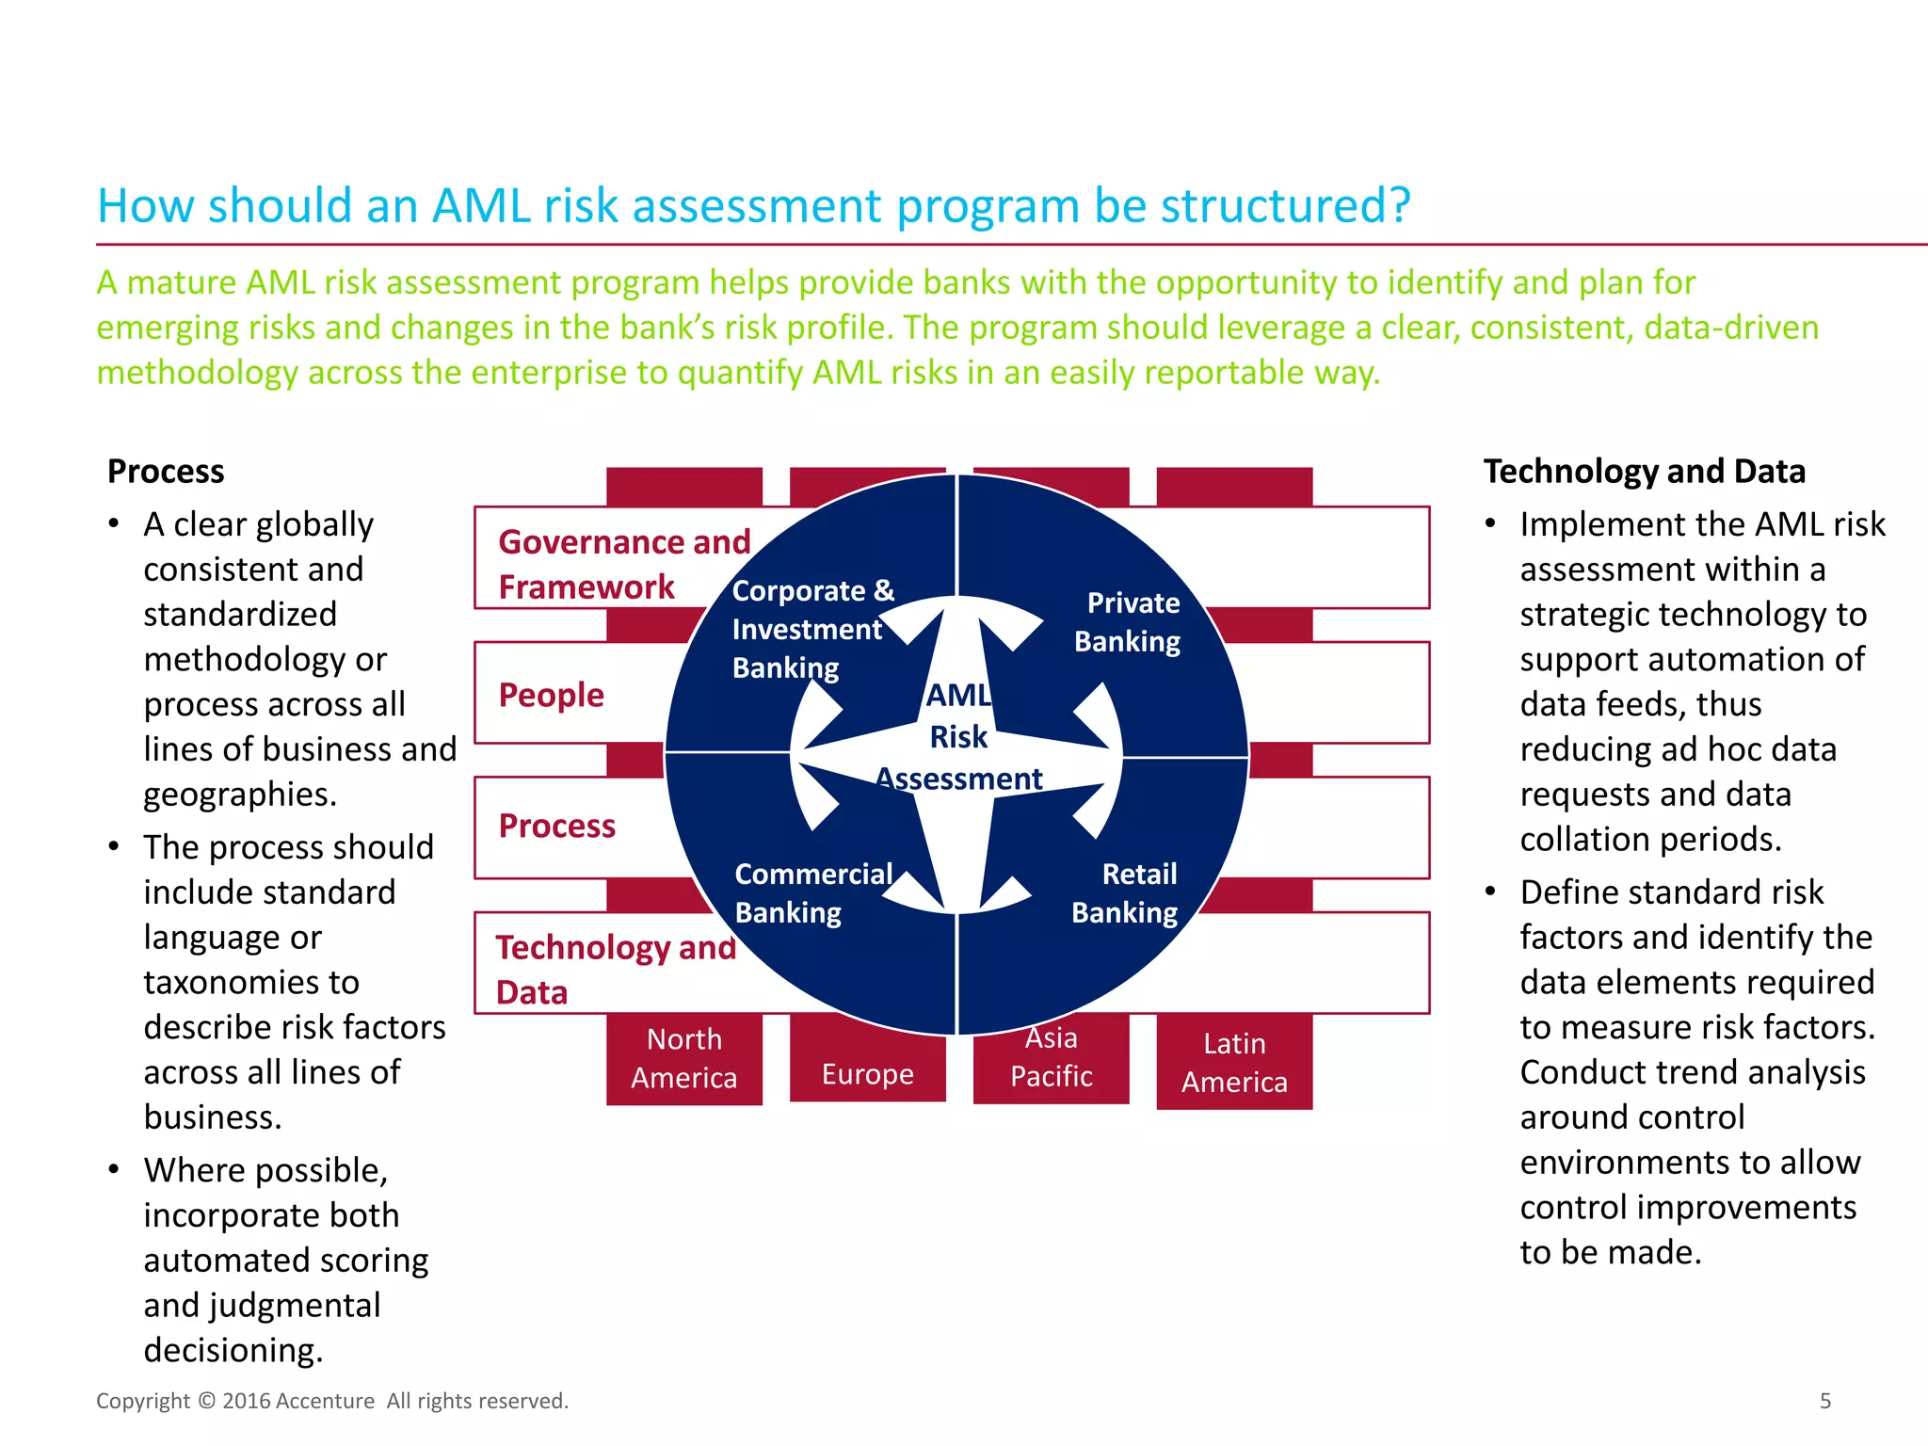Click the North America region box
point(684,1058)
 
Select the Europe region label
point(867,1074)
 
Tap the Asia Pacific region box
point(1051,1059)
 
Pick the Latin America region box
point(1234,1062)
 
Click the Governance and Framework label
point(623,564)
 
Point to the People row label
point(552,695)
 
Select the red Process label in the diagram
point(557,826)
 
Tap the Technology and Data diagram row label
point(615,969)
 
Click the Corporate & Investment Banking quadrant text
point(811,629)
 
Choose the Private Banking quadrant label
point(1129,621)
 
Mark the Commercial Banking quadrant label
point(811,892)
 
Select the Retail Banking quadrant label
point(1126,892)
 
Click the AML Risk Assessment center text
point(958,736)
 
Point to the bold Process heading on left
point(166,471)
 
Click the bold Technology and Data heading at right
point(1644,471)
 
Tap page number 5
point(1824,1401)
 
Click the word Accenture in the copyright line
point(327,1401)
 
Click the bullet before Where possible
point(114,1170)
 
